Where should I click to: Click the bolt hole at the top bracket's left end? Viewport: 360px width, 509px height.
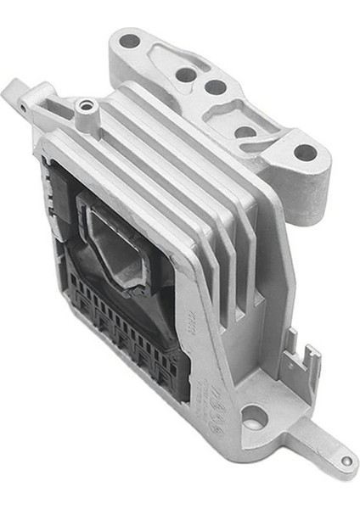(130, 40)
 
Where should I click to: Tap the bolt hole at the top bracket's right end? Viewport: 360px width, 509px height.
(304, 154)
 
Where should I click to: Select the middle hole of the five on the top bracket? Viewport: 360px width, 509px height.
(216, 87)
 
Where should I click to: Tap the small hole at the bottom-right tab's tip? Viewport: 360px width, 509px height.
(346, 461)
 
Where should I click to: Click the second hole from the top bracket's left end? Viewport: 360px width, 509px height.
(185, 75)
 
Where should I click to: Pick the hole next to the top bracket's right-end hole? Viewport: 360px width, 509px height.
(246, 131)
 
